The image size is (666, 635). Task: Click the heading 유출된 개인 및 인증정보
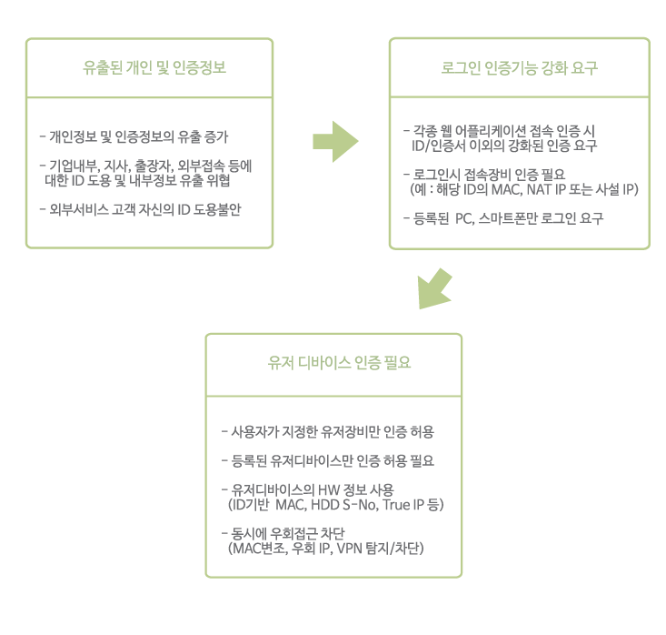[x=154, y=67]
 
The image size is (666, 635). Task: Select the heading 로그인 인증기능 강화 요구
[x=519, y=67]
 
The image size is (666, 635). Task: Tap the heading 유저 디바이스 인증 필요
[x=339, y=363]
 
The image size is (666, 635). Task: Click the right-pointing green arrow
[x=335, y=142]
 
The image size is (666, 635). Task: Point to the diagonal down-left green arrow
[x=434, y=289]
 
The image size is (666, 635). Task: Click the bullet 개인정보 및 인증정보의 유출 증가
[x=134, y=137]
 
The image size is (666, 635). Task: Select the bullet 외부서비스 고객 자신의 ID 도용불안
[x=140, y=209]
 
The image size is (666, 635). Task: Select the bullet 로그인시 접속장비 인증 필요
[x=484, y=175]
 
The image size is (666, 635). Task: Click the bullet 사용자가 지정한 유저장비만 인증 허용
[x=327, y=432]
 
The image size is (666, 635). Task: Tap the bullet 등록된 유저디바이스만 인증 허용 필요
[x=327, y=461]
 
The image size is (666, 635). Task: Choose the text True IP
[x=403, y=505]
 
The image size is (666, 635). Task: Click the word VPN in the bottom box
[x=349, y=549]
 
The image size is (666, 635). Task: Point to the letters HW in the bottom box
[x=328, y=490]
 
